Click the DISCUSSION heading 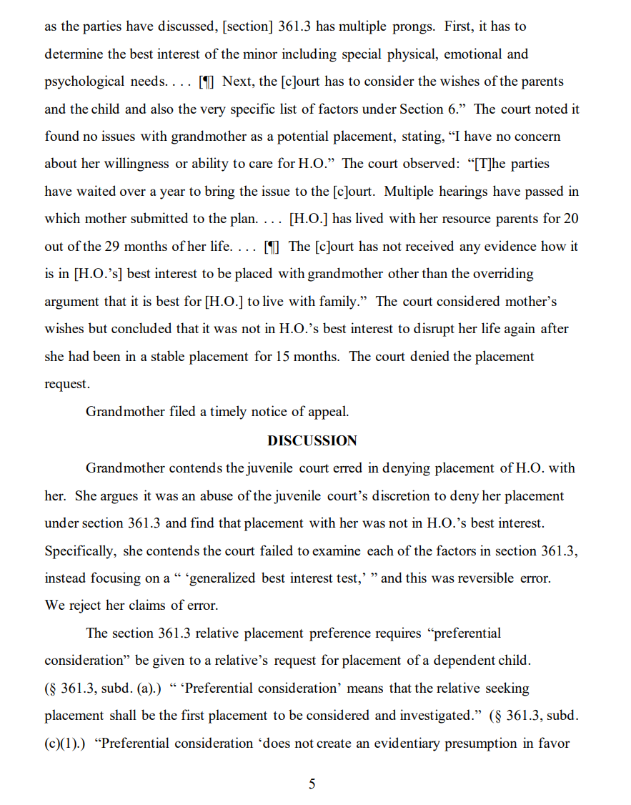(x=312, y=440)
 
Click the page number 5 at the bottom (x=312, y=784)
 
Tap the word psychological (x=84, y=81)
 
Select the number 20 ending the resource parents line (x=571, y=218)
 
